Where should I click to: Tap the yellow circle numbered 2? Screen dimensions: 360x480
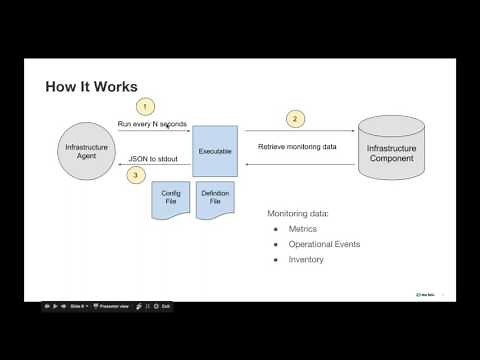click(x=293, y=119)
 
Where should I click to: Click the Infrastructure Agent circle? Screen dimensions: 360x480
click(x=86, y=152)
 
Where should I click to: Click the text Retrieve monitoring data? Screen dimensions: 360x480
click(x=297, y=147)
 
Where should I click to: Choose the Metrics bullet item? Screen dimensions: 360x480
click(x=303, y=229)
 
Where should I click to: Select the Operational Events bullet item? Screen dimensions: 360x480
click(x=325, y=244)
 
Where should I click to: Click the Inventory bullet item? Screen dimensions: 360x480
click(x=306, y=259)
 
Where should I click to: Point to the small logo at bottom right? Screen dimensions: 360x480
click(x=424, y=294)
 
